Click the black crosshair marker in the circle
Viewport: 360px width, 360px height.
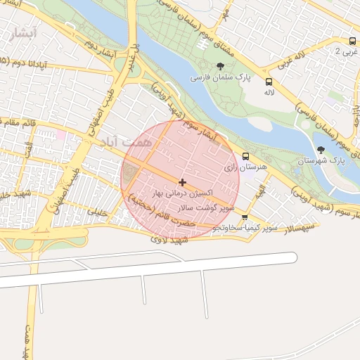183,182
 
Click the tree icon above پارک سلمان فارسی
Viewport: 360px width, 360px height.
211,65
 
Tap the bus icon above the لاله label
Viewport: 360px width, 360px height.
269,81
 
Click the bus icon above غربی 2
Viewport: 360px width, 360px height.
352,41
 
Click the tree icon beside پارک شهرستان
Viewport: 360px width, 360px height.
321,149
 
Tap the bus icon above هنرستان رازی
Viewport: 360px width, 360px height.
245,156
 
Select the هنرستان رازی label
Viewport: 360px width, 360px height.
243,169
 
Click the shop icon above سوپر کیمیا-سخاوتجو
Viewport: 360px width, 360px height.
244,217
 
